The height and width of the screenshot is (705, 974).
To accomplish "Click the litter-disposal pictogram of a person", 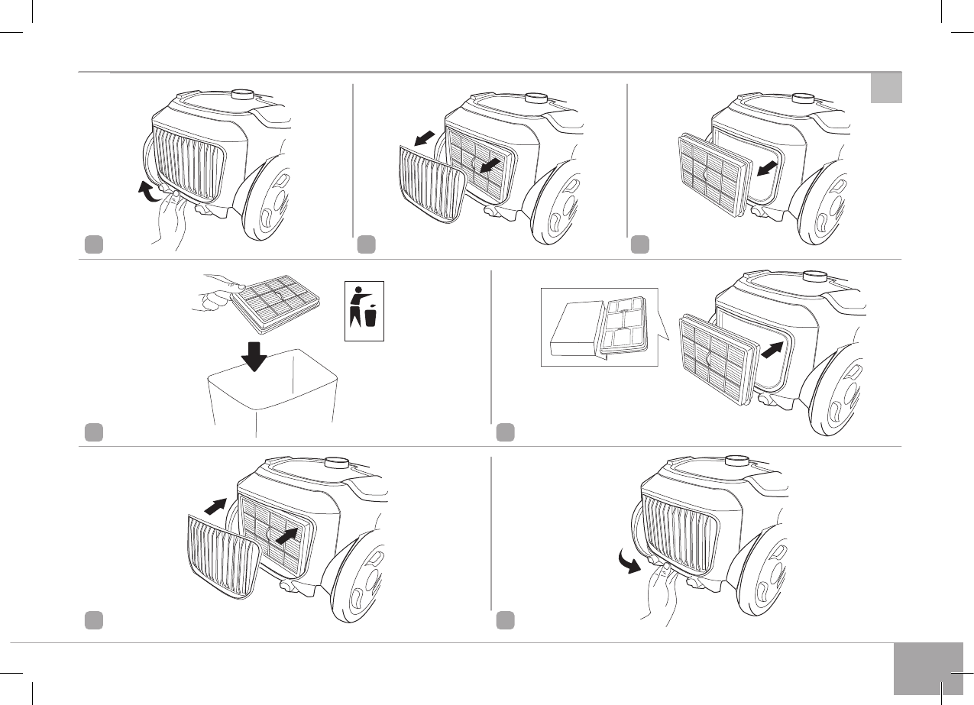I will pyautogui.click(x=364, y=310).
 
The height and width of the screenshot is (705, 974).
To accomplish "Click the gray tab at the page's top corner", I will pyautogui.click(x=886, y=88).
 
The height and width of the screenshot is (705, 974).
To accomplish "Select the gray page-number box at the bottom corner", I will pyautogui.click(x=927, y=668).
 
